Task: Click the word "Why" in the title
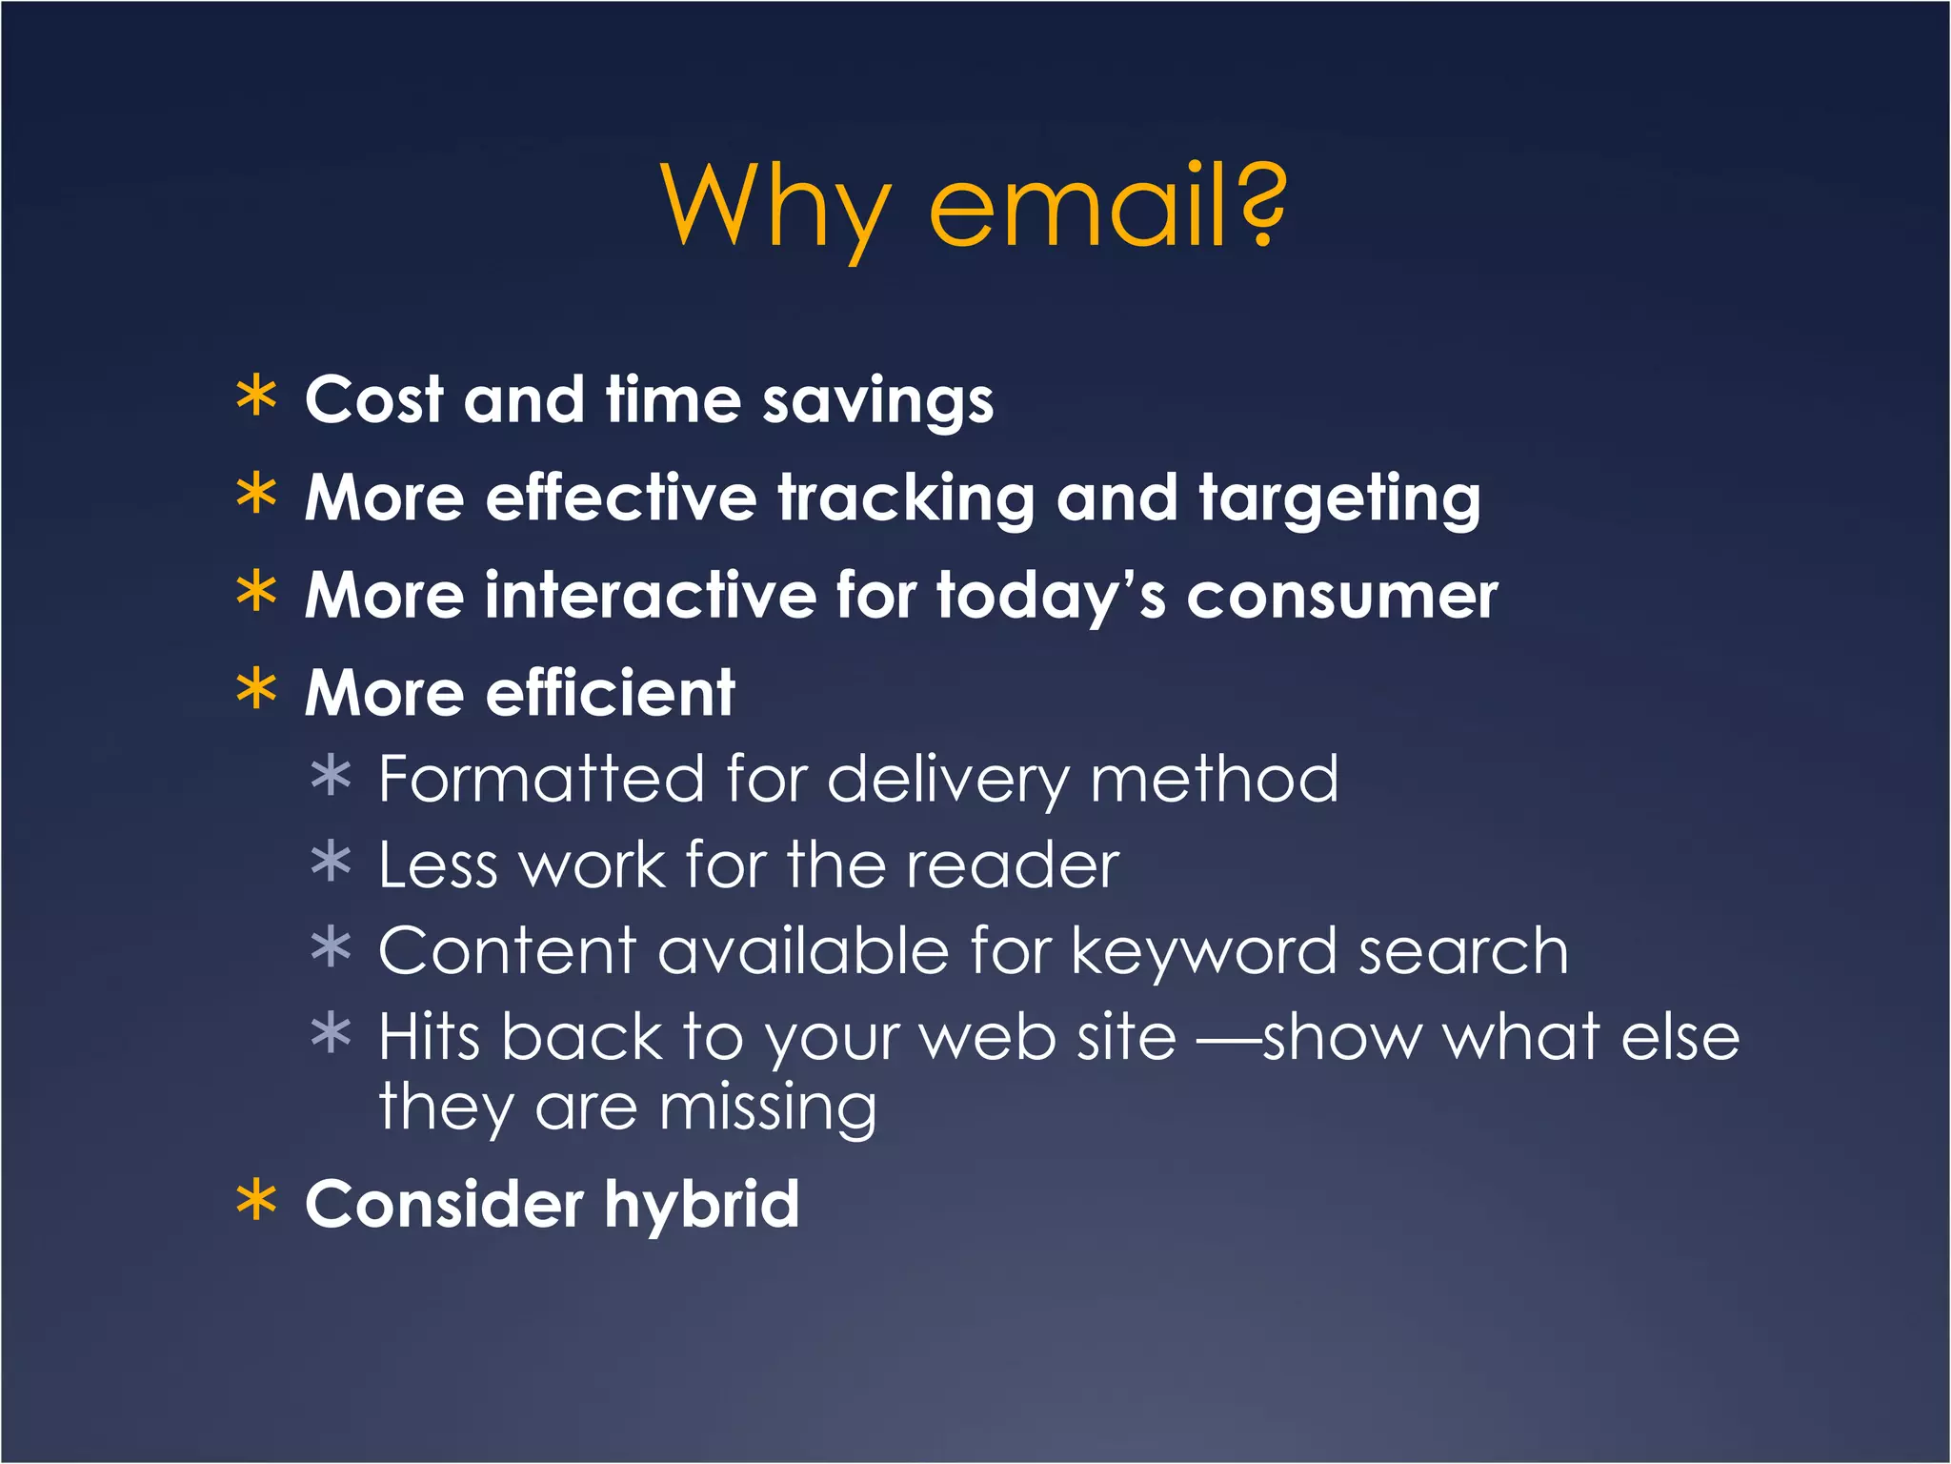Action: point(776,208)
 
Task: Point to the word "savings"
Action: point(877,402)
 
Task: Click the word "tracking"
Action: point(906,500)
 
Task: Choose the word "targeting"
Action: point(1339,500)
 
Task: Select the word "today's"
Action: point(1051,598)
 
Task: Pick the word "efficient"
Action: point(610,693)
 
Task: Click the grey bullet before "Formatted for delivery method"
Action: point(331,776)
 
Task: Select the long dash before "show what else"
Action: point(1229,1039)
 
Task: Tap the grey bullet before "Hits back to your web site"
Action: point(331,1033)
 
